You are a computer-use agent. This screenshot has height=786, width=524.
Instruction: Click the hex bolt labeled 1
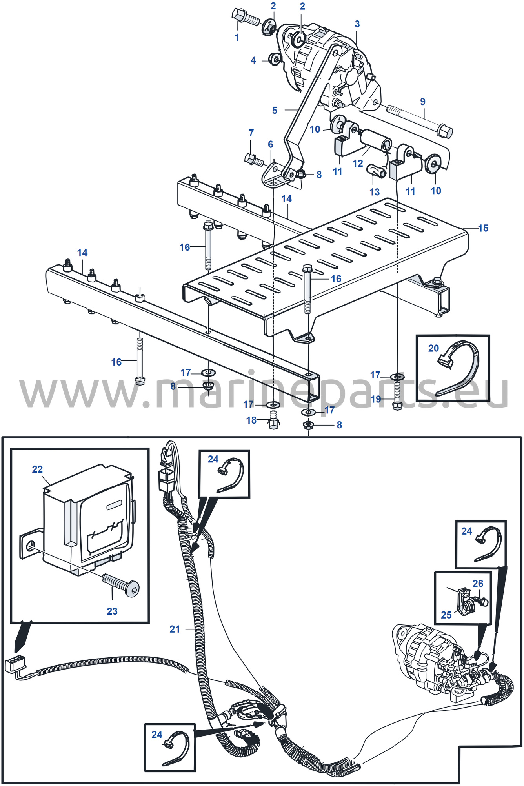point(245,17)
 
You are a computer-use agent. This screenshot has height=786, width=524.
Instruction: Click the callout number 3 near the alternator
point(357,24)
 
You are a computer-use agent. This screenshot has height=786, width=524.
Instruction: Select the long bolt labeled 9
point(419,119)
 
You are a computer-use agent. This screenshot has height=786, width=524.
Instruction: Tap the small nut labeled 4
point(275,59)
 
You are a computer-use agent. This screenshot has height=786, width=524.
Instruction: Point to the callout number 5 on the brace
point(275,110)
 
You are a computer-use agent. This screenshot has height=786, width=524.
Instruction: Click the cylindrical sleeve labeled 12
point(376,141)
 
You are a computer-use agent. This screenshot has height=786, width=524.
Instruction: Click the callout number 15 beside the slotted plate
point(483,228)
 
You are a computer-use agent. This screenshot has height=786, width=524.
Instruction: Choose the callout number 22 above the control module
point(37,469)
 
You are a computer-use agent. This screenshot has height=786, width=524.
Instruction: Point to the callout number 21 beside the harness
point(175,629)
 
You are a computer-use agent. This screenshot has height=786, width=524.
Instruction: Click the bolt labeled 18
point(273,421)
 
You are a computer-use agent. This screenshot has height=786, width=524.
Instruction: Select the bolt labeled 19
point(397,396)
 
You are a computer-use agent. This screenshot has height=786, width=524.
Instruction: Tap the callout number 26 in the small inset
point(478,584)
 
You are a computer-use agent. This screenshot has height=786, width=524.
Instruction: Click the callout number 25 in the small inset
point(446,615)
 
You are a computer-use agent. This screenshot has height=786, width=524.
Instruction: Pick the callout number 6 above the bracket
point(270,144)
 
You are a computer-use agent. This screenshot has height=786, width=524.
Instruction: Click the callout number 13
point(375,192)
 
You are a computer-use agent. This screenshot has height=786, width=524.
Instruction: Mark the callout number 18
point(251,420)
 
